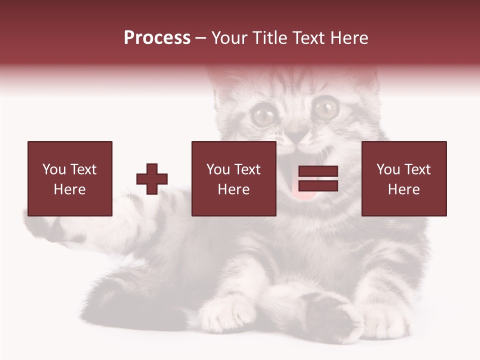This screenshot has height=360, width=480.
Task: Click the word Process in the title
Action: pyautogui.click(x=157, y=38)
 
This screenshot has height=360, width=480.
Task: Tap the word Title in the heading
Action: pyautogui.click(x=270, y=38)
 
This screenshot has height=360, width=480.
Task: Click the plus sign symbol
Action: pyautogui.click(x=152, y=179)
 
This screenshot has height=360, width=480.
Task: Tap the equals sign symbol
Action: pyautogui.click(x=318, y=179)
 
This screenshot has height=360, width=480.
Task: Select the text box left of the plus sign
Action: pyautogui.click(x=69, y=179)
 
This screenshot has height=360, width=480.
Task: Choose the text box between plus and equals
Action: pyautogui.click(x=233, y=179)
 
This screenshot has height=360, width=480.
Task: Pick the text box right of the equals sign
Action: pyautogui.click(x=403, y=179)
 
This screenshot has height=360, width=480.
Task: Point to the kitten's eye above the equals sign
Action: pyautogui.click(x=326, y=106)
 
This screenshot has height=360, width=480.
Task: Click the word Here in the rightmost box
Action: pyautogui.click(x=403, y=189)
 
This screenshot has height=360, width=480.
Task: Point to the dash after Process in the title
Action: pyautogui.click(x=200, y=38)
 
